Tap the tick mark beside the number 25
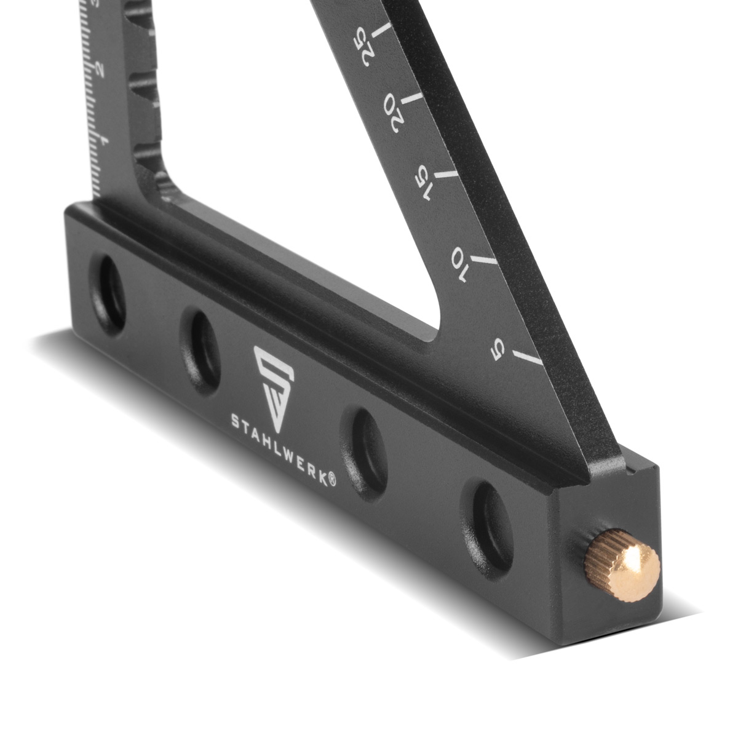[x=382, y=30]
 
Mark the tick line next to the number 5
[x=528, y=358]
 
